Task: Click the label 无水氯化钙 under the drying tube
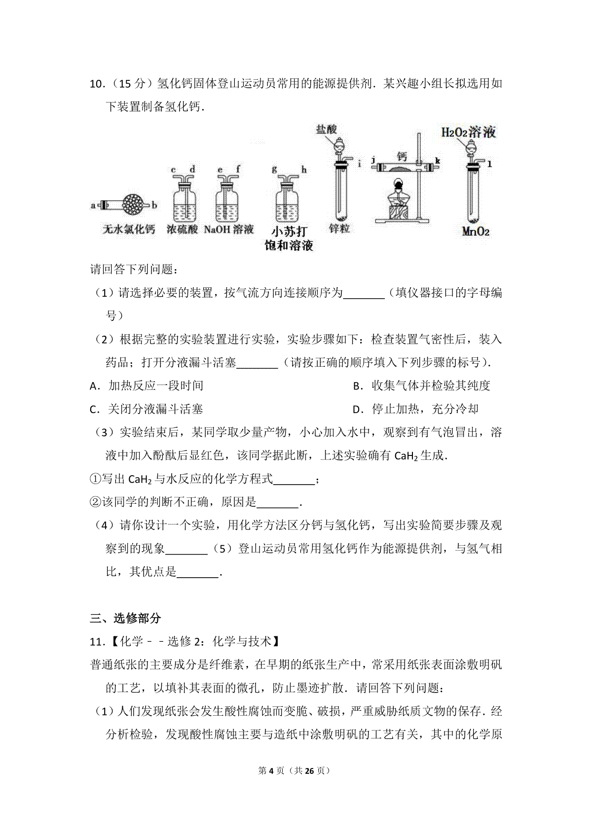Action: pyautogui.click(x=129, y=229)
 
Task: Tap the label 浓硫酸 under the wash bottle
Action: pyautogui.click(x=182, y=229)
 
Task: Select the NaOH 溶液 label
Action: pyautogui.click(x=228, y=229)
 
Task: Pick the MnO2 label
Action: pyautogui.click(x=476, y=231)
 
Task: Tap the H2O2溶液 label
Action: pyautogui.click(x=469, y=132)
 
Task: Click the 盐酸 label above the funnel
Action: pyautogui.click(x=327, y=129)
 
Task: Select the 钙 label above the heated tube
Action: pyautogui.click(x=402, y=157)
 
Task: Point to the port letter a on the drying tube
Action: pyautogui.click(x=93, y=205)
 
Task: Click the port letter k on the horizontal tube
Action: pyautogui.click(x=438, y=161)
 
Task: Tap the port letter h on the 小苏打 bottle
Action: pyautogui.click(x=304, y=170)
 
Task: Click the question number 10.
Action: pyautogui.click(x=96, y=84)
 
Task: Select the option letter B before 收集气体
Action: pyautogui.click(x=357, y=386)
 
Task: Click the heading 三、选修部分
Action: pyautogui.click(x=125, y=618)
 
